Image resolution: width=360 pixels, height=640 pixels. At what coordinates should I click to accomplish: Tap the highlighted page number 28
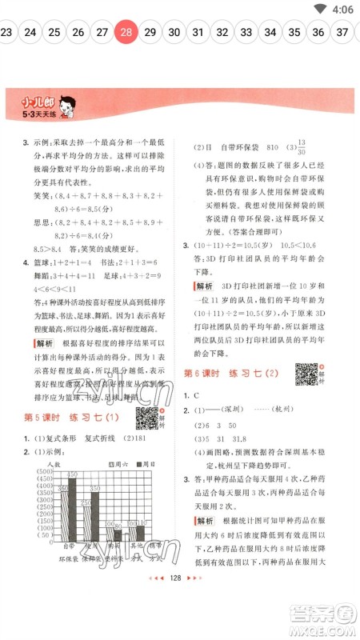tap(126, 33)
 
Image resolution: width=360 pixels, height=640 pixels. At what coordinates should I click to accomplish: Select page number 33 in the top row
tap(246, 33)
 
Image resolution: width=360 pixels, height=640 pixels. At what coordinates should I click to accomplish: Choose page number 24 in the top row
tap(30, 33)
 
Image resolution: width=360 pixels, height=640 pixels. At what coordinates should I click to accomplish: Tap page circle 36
tap(318, 33)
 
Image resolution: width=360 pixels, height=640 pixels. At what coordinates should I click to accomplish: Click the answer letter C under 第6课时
tap(196, 396)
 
